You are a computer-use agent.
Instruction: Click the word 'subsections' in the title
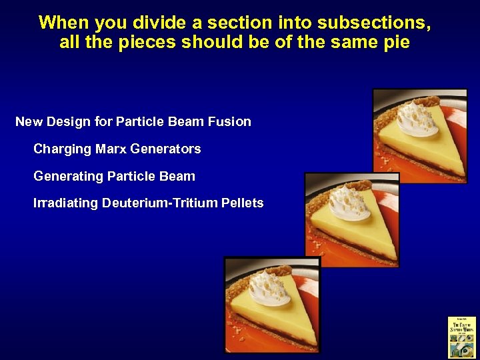(373, 23)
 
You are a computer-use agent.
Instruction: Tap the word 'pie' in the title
(395, 43)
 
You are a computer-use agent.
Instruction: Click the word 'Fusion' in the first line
(229, 121)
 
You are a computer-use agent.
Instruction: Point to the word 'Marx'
(112, 149)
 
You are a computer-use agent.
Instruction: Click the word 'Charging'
(63, 149)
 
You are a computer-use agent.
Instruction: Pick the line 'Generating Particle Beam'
(114, 176)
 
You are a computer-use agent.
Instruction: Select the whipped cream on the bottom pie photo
(269, 289)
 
